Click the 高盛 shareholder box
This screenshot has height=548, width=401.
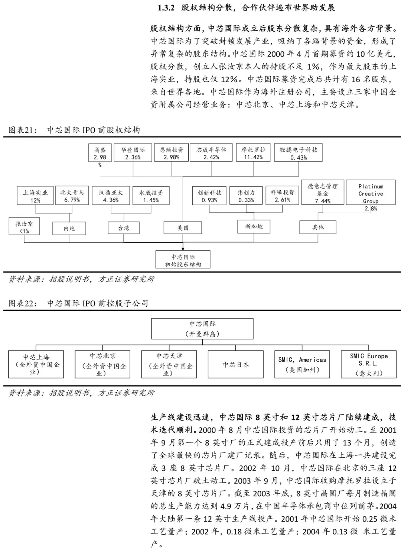click(x=100, y=153)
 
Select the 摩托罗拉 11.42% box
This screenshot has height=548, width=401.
click(x=253, y=153)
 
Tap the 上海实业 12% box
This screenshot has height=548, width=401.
click(x=35, y=196)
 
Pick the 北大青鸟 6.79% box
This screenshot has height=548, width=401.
click(x=72, y=196)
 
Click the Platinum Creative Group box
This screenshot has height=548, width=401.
click(x=371, y=194)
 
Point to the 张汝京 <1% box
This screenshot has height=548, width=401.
click(x=24, y=227)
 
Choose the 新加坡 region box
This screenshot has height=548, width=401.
click(x=254, y=226)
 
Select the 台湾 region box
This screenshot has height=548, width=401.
click(x=124, y=228)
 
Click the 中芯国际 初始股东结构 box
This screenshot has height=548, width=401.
click(x=183, y=260)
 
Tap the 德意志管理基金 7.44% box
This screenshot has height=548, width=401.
click(x=323, y=193)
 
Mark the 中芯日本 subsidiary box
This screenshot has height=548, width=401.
click(x=236, y=365)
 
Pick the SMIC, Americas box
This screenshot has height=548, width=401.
click(x=302, y=364)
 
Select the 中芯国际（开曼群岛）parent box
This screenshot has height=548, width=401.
click(x=202, y=329)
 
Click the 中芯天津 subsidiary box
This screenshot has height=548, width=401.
click(x=169, y=364)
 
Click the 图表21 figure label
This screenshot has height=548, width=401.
click(x=23, y=130)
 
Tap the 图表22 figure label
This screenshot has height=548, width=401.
click(x=23, y=303)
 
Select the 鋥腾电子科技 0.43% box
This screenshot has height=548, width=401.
click(x=299, y=153)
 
